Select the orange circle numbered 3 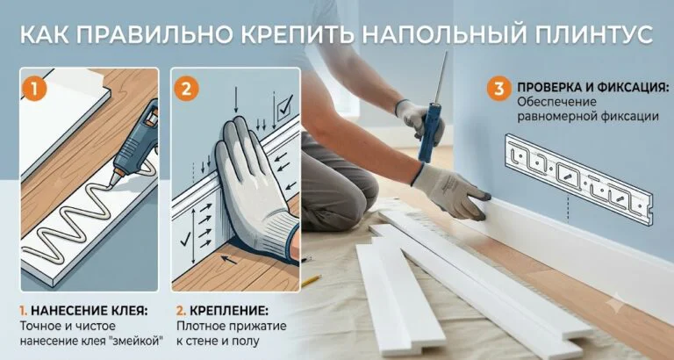[498, 89]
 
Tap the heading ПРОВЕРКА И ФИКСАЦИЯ [593, 88]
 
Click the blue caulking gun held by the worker [433, 117]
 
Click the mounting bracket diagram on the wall [579, 179]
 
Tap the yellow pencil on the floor [312, 281]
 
